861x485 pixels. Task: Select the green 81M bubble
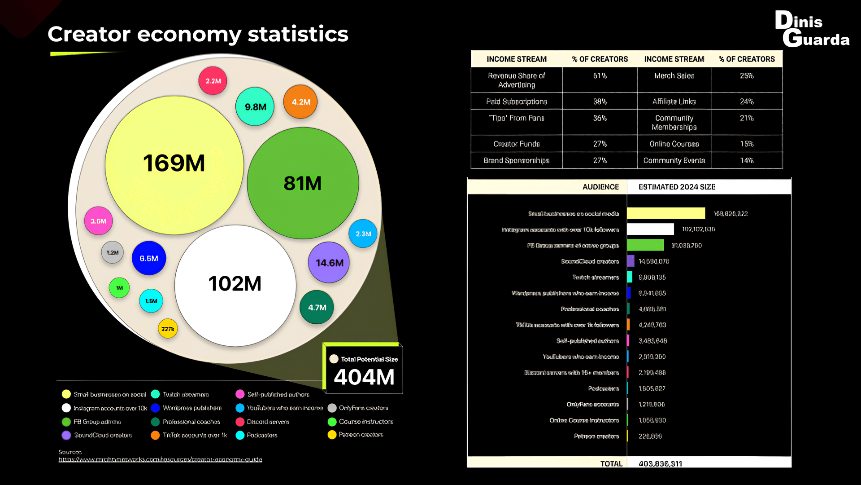(x=303, y=183)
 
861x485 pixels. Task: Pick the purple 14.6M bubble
(x=329, y=263)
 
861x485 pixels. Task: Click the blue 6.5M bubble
(x=149, y=258)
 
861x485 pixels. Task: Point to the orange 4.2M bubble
(x=300, y=102)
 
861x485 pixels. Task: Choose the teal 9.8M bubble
(x=255, y=107)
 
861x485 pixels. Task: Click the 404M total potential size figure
(x=364, y=377)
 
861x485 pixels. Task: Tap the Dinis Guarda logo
(x=812, y=30)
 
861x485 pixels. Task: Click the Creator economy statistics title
(x=198, y=34)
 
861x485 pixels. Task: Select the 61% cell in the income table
(x=600, y=76)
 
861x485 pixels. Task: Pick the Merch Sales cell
(x=674, y=76)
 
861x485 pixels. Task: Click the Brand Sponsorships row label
(x=516, y=160)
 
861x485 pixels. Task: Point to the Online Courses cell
(x=674, y=144)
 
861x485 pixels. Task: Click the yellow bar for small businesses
(x=666, y=213)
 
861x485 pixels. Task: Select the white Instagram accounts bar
(x=650, y=229)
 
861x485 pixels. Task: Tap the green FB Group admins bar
(x=645, y=245)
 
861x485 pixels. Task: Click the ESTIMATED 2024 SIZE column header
(x=677, y=187)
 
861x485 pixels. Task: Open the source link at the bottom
(x=160, y=459)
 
